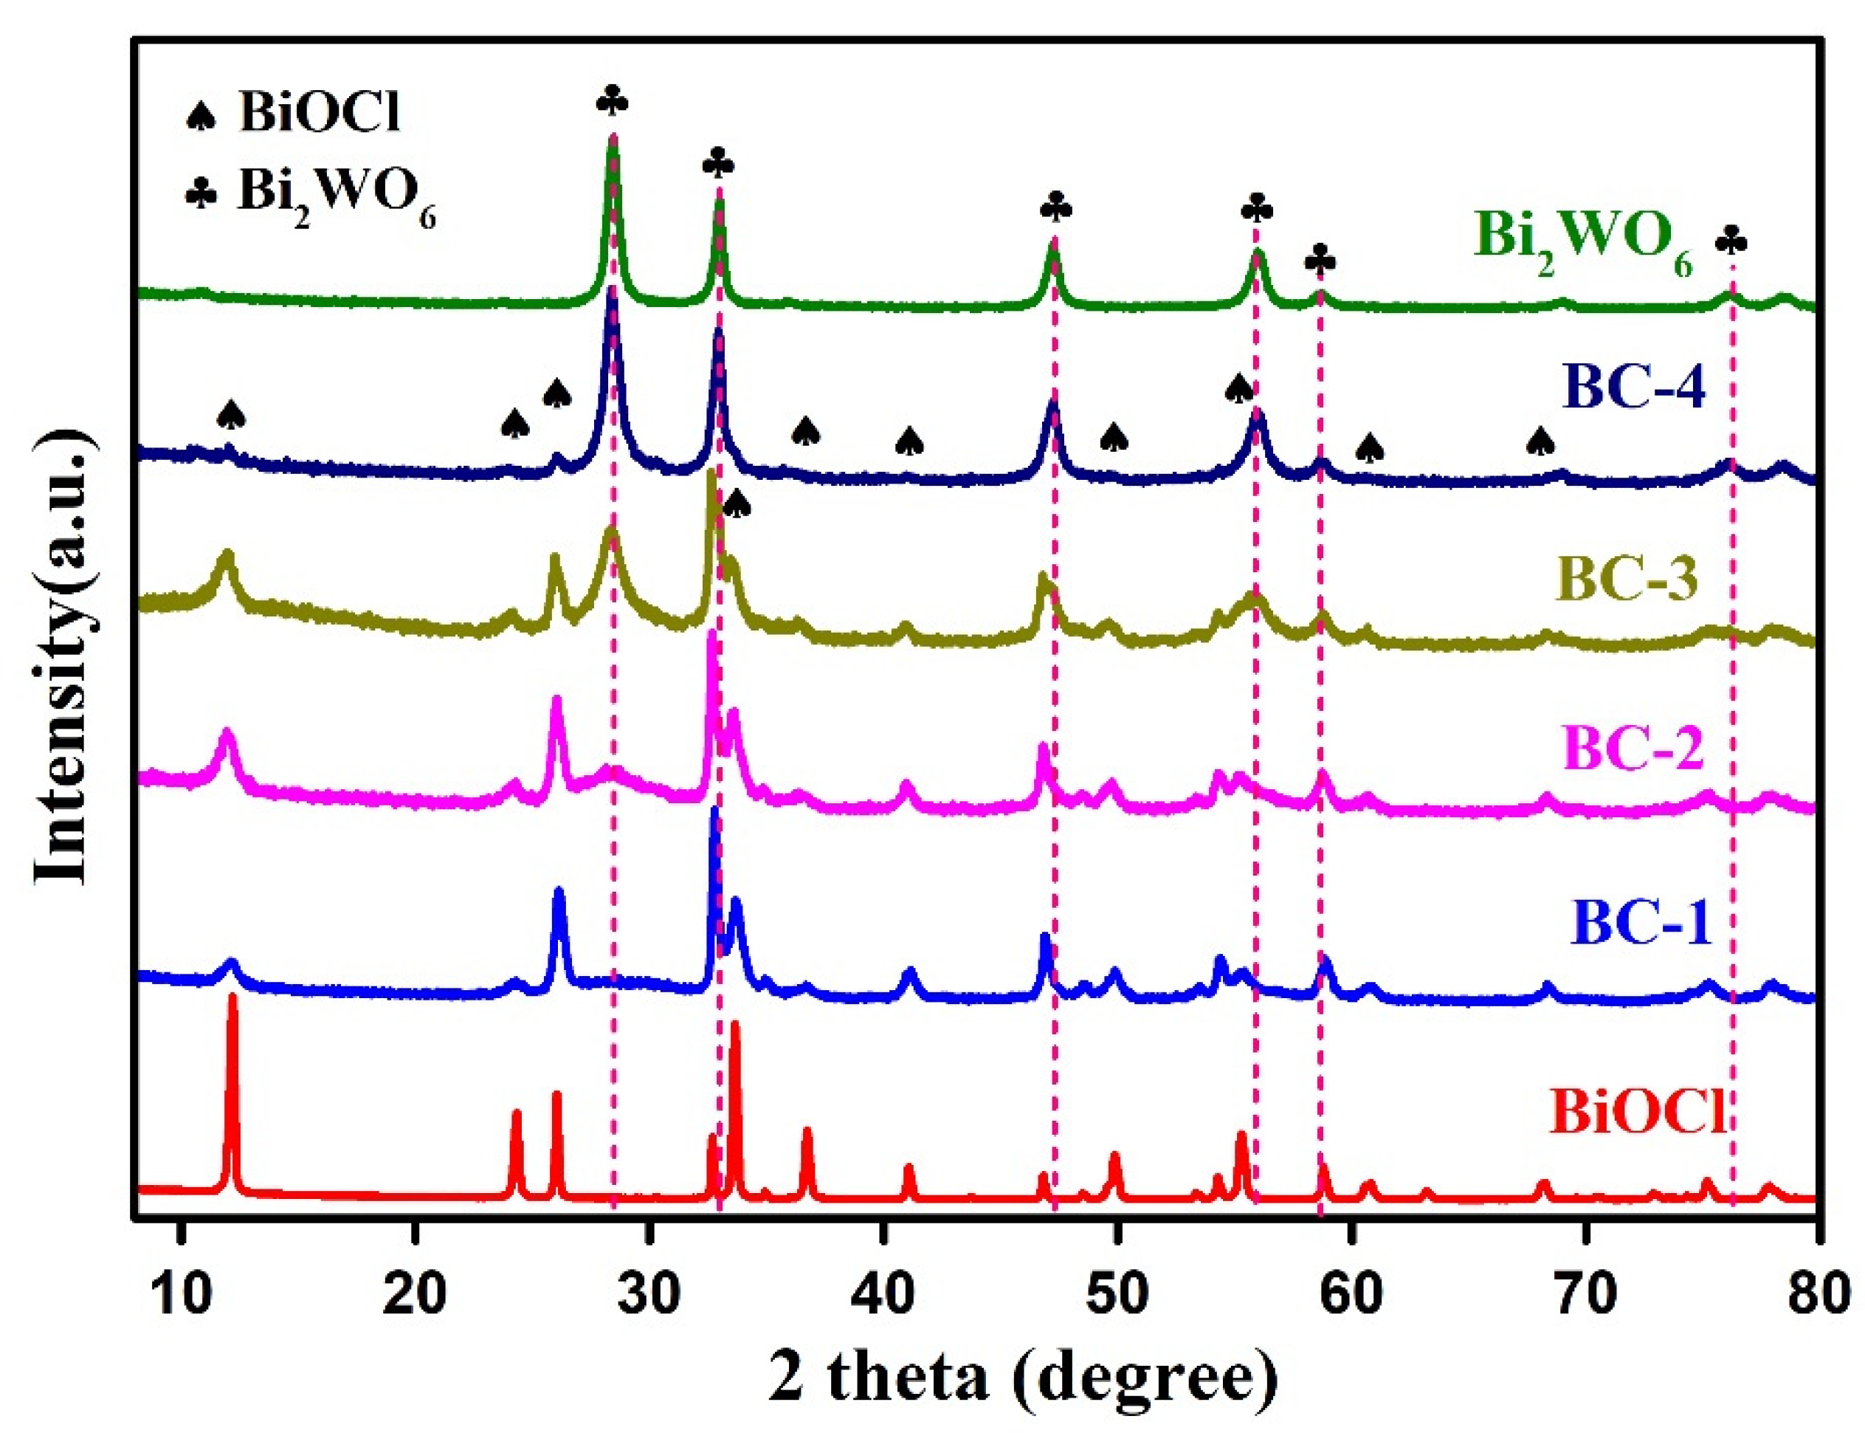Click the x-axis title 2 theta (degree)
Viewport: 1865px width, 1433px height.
point(1024,1373)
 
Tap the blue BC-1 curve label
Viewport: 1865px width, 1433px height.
point(1641,924)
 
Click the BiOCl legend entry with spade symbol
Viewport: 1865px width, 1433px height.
point(294,113)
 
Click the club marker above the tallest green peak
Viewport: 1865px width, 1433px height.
point(613,103)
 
